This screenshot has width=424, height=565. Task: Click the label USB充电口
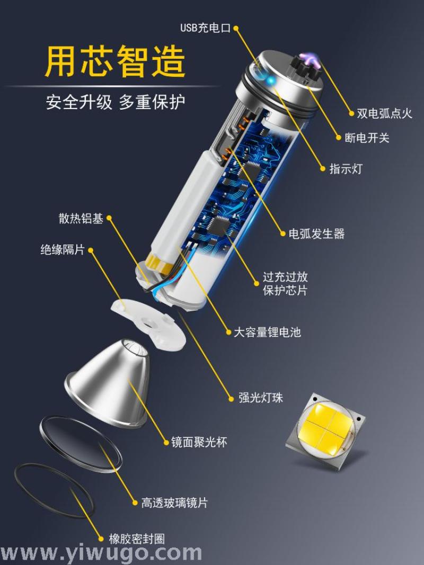[x=205, y=28]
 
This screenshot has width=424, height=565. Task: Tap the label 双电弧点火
[x=384, y=113]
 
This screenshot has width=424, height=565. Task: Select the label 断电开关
[x=367, y=138]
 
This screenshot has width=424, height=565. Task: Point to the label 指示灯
[x=346, y=168]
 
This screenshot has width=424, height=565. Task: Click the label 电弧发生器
[x=316, y=234]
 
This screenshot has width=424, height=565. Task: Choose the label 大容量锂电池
[x=267, y=332]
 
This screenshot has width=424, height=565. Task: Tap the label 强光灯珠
[x=261, y=398]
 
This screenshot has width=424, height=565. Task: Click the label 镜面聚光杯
[x=199, y=442]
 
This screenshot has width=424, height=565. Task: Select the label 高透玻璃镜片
[x=174, y=503]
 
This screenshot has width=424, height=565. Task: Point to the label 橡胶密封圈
[x=137, y=539]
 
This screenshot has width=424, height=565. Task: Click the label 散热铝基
[x=81, y=218]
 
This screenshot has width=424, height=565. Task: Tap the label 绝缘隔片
[x=63, y=249]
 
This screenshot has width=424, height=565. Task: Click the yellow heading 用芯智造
[x=116, y=61]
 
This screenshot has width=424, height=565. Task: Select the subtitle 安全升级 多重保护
[x=116, y=102]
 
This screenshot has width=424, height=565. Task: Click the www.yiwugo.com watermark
[x=101, y=553]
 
